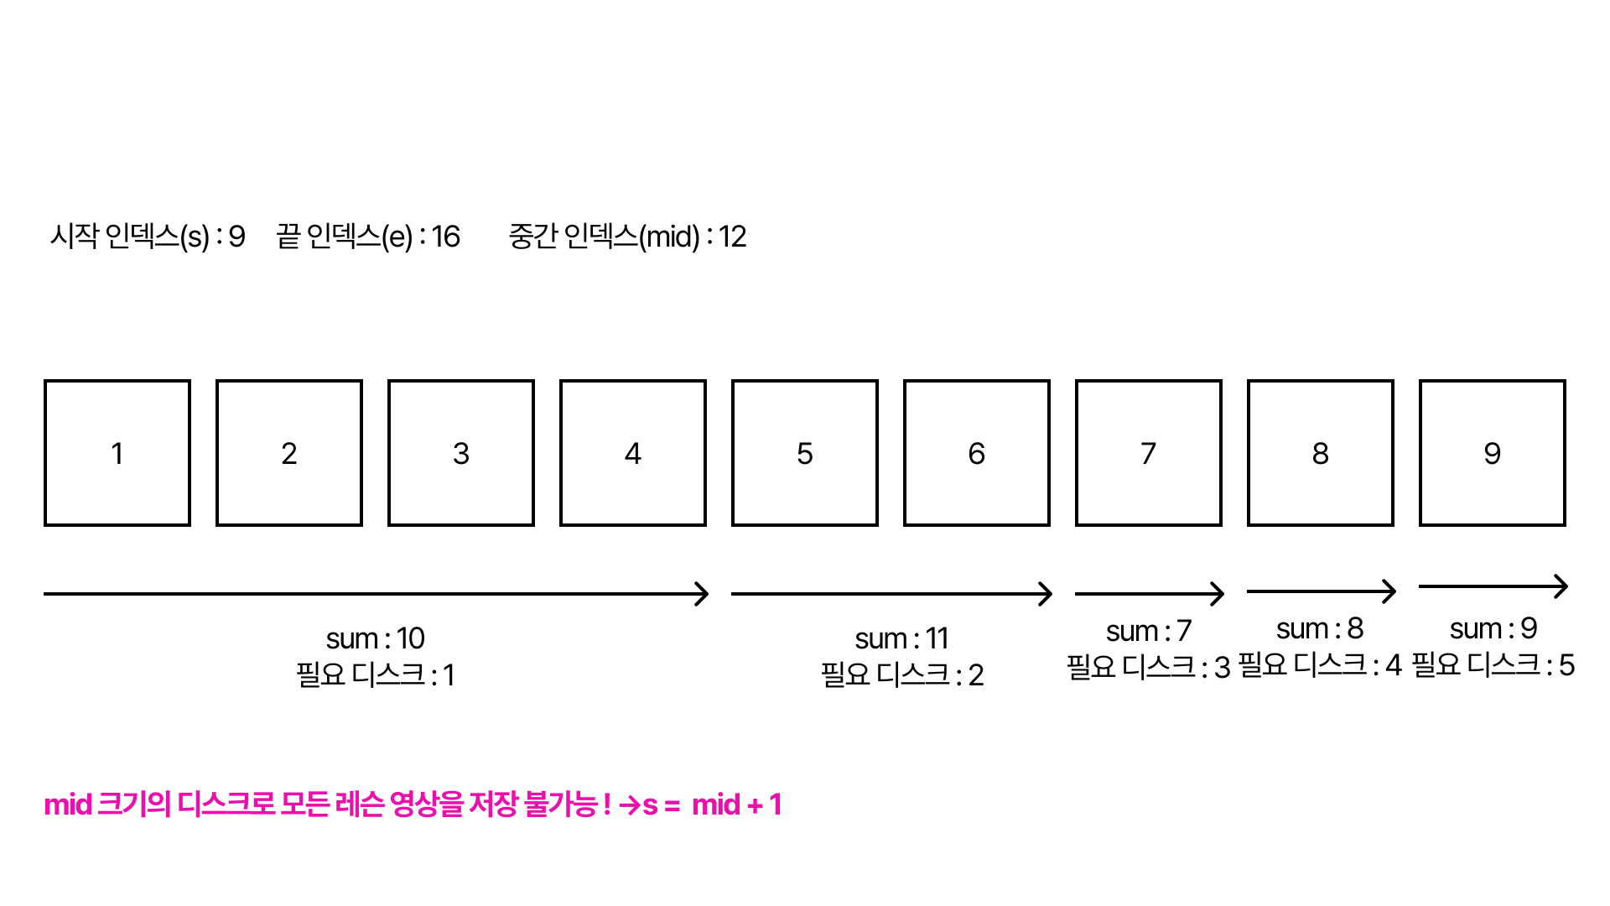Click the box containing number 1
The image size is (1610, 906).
[x=117, y=453]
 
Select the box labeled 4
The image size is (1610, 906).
[x=633, y=453]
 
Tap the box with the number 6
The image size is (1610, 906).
[x=977, y=453]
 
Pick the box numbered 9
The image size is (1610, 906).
[x=1493, y=453]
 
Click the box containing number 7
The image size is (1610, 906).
[x=1149, y=453]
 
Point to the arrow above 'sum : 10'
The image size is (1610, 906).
[x=376, y=594]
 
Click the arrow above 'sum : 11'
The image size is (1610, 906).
[x=891, y=594]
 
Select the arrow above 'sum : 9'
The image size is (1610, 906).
[x=1493, y=586]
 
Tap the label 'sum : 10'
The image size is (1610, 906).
[x=376, y=639]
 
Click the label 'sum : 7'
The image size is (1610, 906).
[x=1149, y=631]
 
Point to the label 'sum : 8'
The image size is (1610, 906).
[x=1320, y=628]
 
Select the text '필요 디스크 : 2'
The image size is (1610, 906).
[x=902, y=675]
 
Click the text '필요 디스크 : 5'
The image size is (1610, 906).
[x=1493, y=666]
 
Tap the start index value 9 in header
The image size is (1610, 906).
[x=237, y=237]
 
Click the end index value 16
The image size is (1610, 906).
[x=446, y=237]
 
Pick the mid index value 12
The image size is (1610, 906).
[x=732, y=237]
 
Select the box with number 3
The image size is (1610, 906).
[x=461, y=453]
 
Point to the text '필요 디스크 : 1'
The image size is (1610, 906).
[x=376, y=675]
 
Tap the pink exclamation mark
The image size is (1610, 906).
[x=607, y=805]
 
